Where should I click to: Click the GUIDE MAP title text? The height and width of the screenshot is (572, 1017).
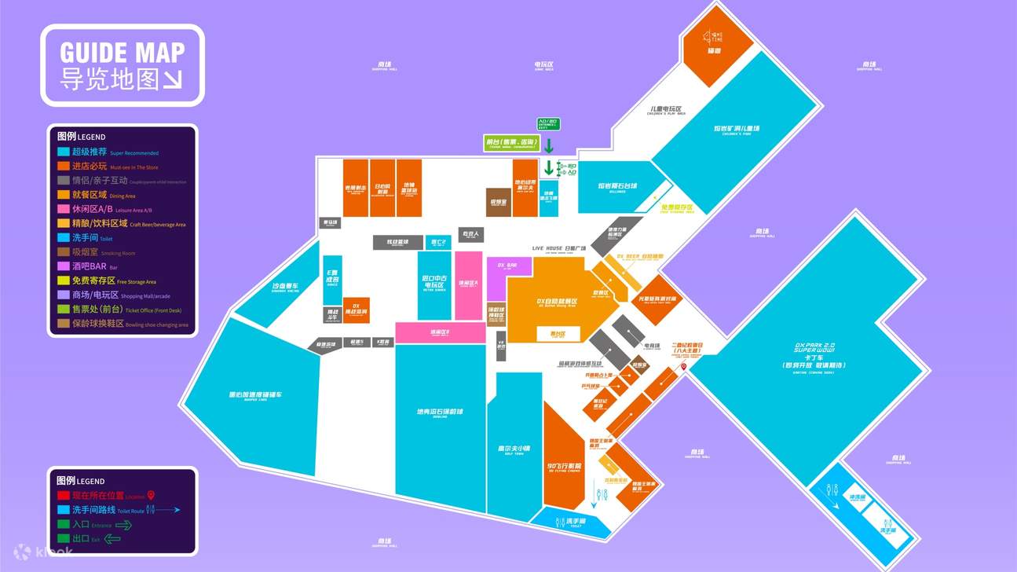click(x=122, y=53)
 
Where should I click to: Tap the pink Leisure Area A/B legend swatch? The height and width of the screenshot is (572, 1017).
click(x=62, y=210)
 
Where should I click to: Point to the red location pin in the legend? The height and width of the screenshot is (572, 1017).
click(x=152, y=495)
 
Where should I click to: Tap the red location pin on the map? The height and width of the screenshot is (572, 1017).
click(x=683, y=367)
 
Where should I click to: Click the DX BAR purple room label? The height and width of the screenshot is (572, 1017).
click(x=507, y=266)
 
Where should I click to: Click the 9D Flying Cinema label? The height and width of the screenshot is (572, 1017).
click(x=564, y=467)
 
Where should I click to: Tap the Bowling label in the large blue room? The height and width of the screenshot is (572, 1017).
click(x=440, y=412)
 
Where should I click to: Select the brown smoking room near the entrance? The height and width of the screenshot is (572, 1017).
click(x=499, y=201)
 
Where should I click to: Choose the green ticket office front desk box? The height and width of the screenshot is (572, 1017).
click(x=511, y=142)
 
